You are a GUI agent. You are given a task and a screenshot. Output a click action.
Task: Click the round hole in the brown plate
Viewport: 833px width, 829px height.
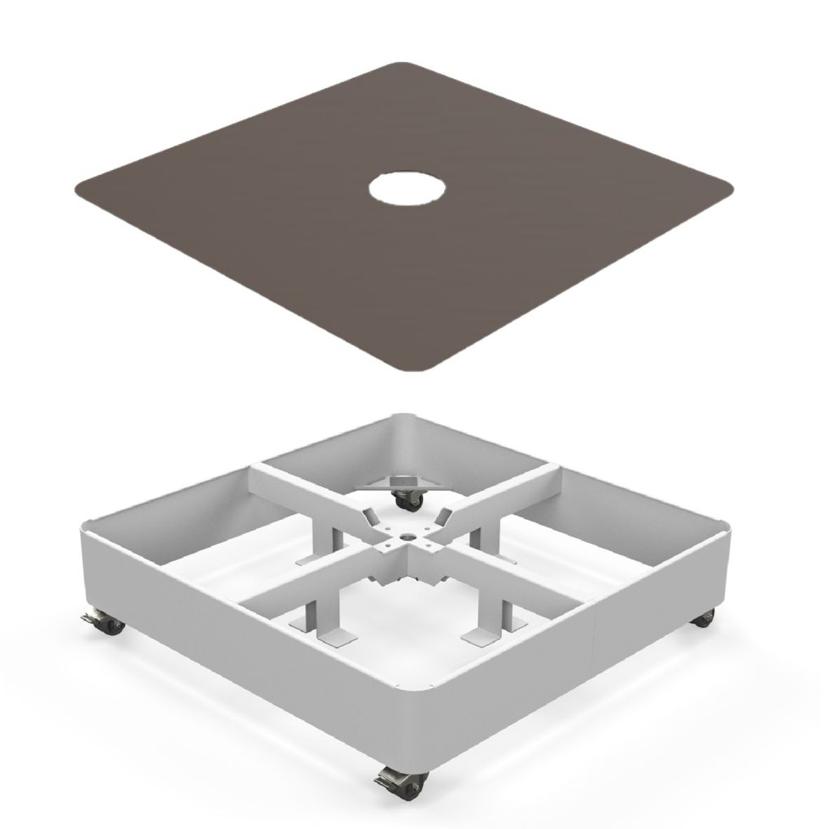408,189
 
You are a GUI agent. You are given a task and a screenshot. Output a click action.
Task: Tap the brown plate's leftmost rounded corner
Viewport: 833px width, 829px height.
81,192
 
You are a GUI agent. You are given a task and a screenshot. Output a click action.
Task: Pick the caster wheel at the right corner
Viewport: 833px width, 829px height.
702,617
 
